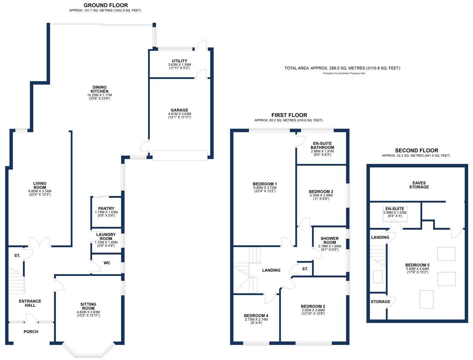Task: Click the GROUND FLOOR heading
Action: tap(105, 5)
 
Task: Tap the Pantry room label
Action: tap(106, 209)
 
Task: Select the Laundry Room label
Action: tap(106, 237)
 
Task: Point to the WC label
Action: tap(107, 263)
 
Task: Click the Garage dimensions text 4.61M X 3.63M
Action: tap(179, 114)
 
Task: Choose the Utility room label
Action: tap(180, 61)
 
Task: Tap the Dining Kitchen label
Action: tap(100, 89)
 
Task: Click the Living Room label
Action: tap(40, 185)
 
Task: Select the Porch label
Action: tap(31, 332)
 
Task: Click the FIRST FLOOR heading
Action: tap(289, 115)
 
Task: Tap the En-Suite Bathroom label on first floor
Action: tap(322, 145)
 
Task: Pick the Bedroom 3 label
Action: tap(321, 192)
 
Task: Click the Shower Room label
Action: tap(330, 240)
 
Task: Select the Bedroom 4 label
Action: tap(256, 316)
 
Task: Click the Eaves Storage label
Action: tap(419, 185)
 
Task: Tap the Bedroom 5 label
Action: tap(417, 265)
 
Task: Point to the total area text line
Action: tap(342, 68)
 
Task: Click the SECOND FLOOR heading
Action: tap(416, 150)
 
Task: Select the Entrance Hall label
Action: tap(30, 303)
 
